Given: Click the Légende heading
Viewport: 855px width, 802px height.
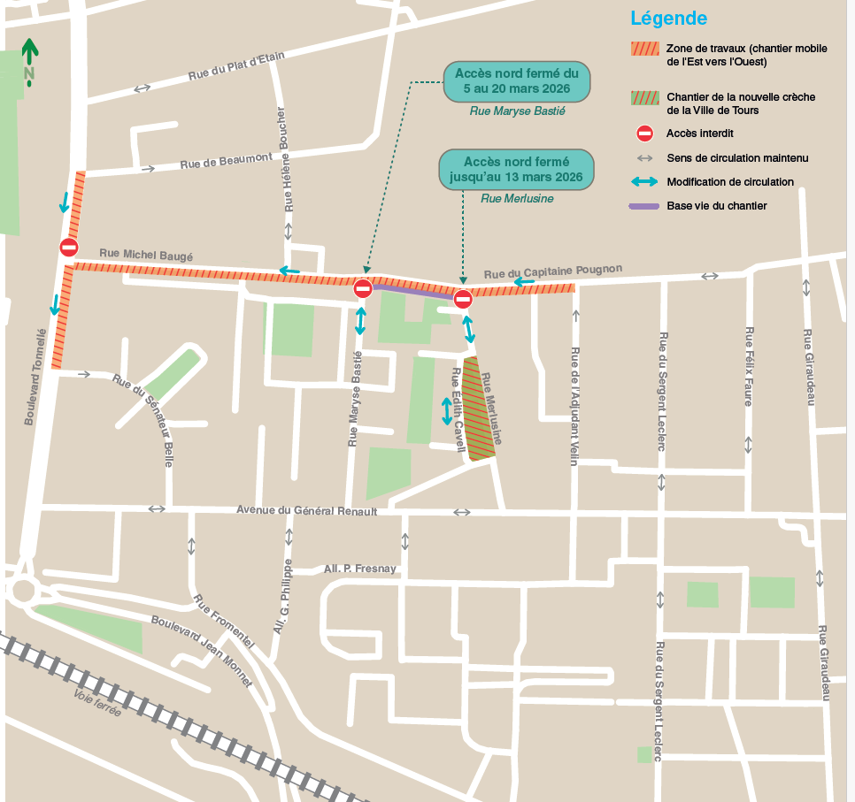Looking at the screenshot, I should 668,19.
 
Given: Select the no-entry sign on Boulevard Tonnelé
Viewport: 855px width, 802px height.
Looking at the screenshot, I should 69,248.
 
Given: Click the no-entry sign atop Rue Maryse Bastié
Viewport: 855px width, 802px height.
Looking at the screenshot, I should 363,288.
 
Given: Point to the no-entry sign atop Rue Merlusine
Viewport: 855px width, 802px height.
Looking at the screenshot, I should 463,300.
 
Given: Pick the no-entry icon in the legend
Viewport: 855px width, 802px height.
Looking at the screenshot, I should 645,134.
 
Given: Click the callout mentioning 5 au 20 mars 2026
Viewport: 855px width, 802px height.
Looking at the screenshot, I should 516,81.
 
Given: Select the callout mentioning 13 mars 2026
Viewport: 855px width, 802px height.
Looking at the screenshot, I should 516,169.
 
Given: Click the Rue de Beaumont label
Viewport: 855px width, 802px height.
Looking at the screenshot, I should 226,161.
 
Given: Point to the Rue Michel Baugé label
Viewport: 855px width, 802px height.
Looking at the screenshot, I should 146,254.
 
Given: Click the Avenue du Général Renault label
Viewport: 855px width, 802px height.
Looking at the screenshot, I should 306,510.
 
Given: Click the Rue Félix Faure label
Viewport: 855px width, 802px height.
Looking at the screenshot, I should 749,366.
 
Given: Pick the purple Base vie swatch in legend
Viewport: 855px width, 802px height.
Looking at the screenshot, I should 643,206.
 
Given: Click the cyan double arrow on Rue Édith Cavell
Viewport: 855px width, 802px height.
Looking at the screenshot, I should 447,411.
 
